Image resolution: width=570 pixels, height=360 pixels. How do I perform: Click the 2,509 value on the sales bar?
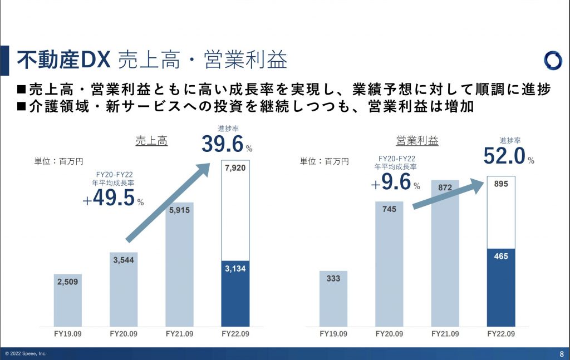[x=67, y=282]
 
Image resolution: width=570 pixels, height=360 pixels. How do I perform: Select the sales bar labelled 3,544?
[x=123, y=289]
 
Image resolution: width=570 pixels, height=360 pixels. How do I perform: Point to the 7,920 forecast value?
[x=235, y=169]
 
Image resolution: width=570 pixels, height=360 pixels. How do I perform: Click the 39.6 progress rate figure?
[x=223, y=145]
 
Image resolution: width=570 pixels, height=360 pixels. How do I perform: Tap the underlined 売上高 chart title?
[x=151, y=141]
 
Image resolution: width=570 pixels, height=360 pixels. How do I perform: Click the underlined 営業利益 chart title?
[x=417, y=141]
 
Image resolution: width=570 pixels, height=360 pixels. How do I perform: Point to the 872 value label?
[x=445, y=188]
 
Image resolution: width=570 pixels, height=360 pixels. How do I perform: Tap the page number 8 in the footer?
[x=561, y=354]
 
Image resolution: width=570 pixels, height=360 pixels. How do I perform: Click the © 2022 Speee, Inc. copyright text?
[x=26, y=354]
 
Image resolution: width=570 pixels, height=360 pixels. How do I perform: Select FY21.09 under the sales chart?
[x=179, y=334]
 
